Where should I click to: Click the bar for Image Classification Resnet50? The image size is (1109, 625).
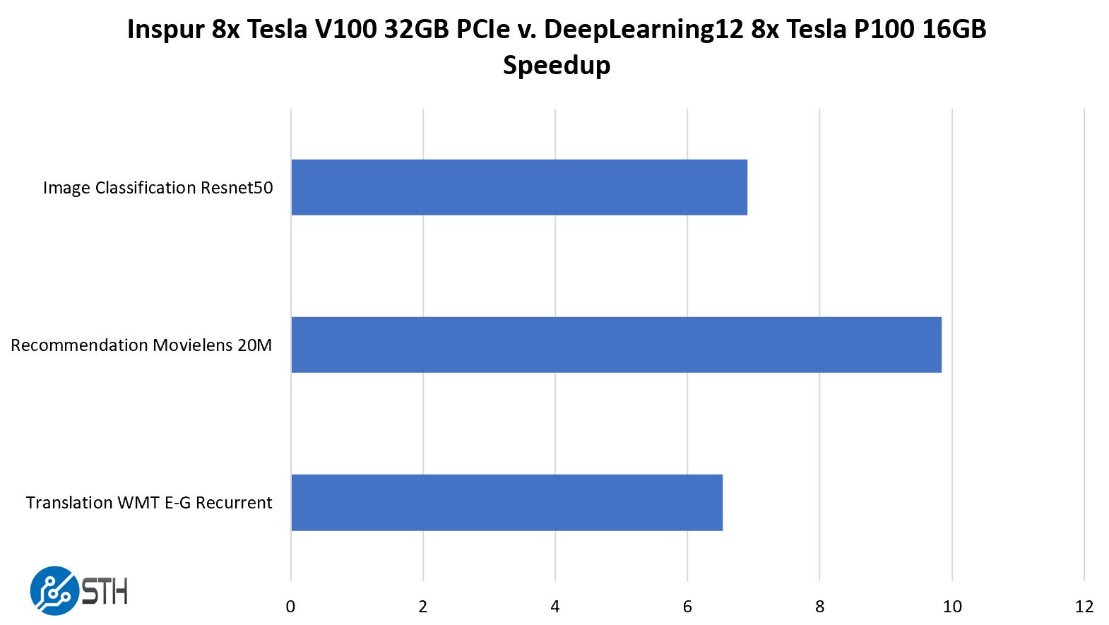pyautogui.click(x=519, y=187)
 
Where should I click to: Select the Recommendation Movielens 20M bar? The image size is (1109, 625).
pyautogui.click(x=616, y=345)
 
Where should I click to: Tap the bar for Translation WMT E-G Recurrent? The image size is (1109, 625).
pyautogui.click(x=506, y=502)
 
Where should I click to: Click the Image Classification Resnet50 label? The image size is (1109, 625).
pyautogui.click(x=158, y=188)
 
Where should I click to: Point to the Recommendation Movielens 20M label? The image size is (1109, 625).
pyautogui.click(x=141, y=345)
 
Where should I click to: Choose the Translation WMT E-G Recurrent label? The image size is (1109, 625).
pyautogui.click(x=149, y=503)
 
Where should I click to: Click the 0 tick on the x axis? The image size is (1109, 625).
pyautogui.click(x=290, y=607)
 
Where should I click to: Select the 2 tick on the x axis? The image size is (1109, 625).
pyautogui.click(x=423, y=607)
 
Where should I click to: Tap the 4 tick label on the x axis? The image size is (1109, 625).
pyautogui.click(x=555, y=607)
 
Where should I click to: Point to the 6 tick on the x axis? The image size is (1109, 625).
pyautogui.click(x=687, y=607)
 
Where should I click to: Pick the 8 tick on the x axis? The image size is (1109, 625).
pyautogui.click(x=819, y=607)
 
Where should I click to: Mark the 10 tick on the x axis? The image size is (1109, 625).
pyautogui.click(x=952, y=607)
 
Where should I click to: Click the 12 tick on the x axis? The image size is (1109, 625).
pyautogui.click(x=1084, y=607)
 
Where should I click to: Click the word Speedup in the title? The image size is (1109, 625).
pyautogui.click(x=557, y=66)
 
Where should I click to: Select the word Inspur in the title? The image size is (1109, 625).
pyautogui.click(x=166, y=30)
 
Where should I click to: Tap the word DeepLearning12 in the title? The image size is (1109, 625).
pyautogui.click(x=644, y=30)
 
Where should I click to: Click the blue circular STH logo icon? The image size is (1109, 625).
pyautogui.click(x=54, y=590)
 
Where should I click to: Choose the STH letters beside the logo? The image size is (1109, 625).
pyautogui.click(x=105, y=591)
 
